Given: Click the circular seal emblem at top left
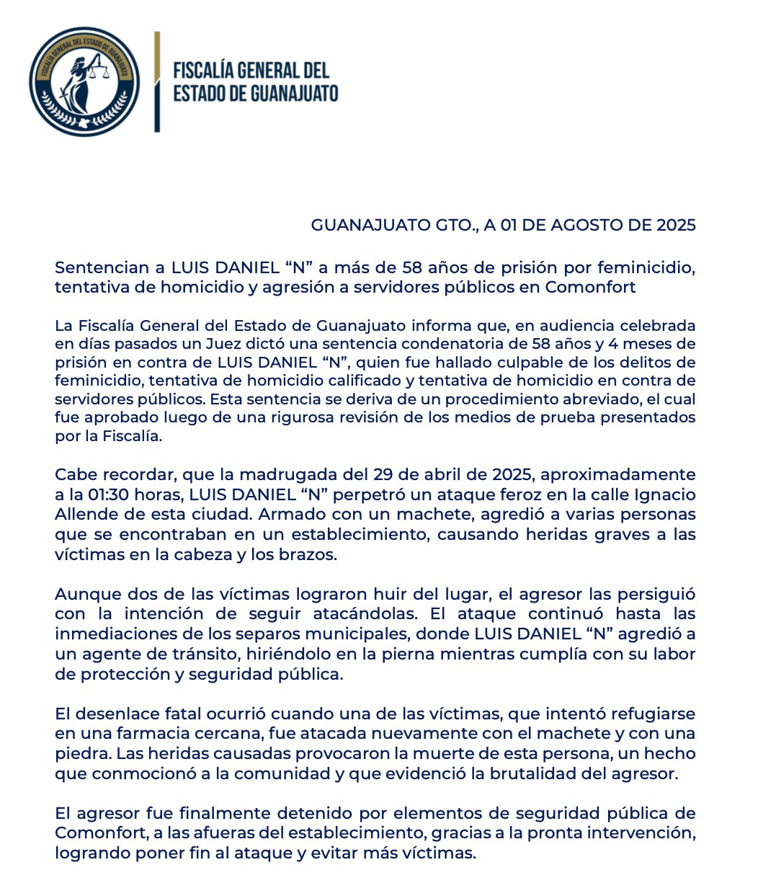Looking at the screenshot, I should coord(84,81).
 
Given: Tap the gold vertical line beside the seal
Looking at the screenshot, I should coord(157,81).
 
